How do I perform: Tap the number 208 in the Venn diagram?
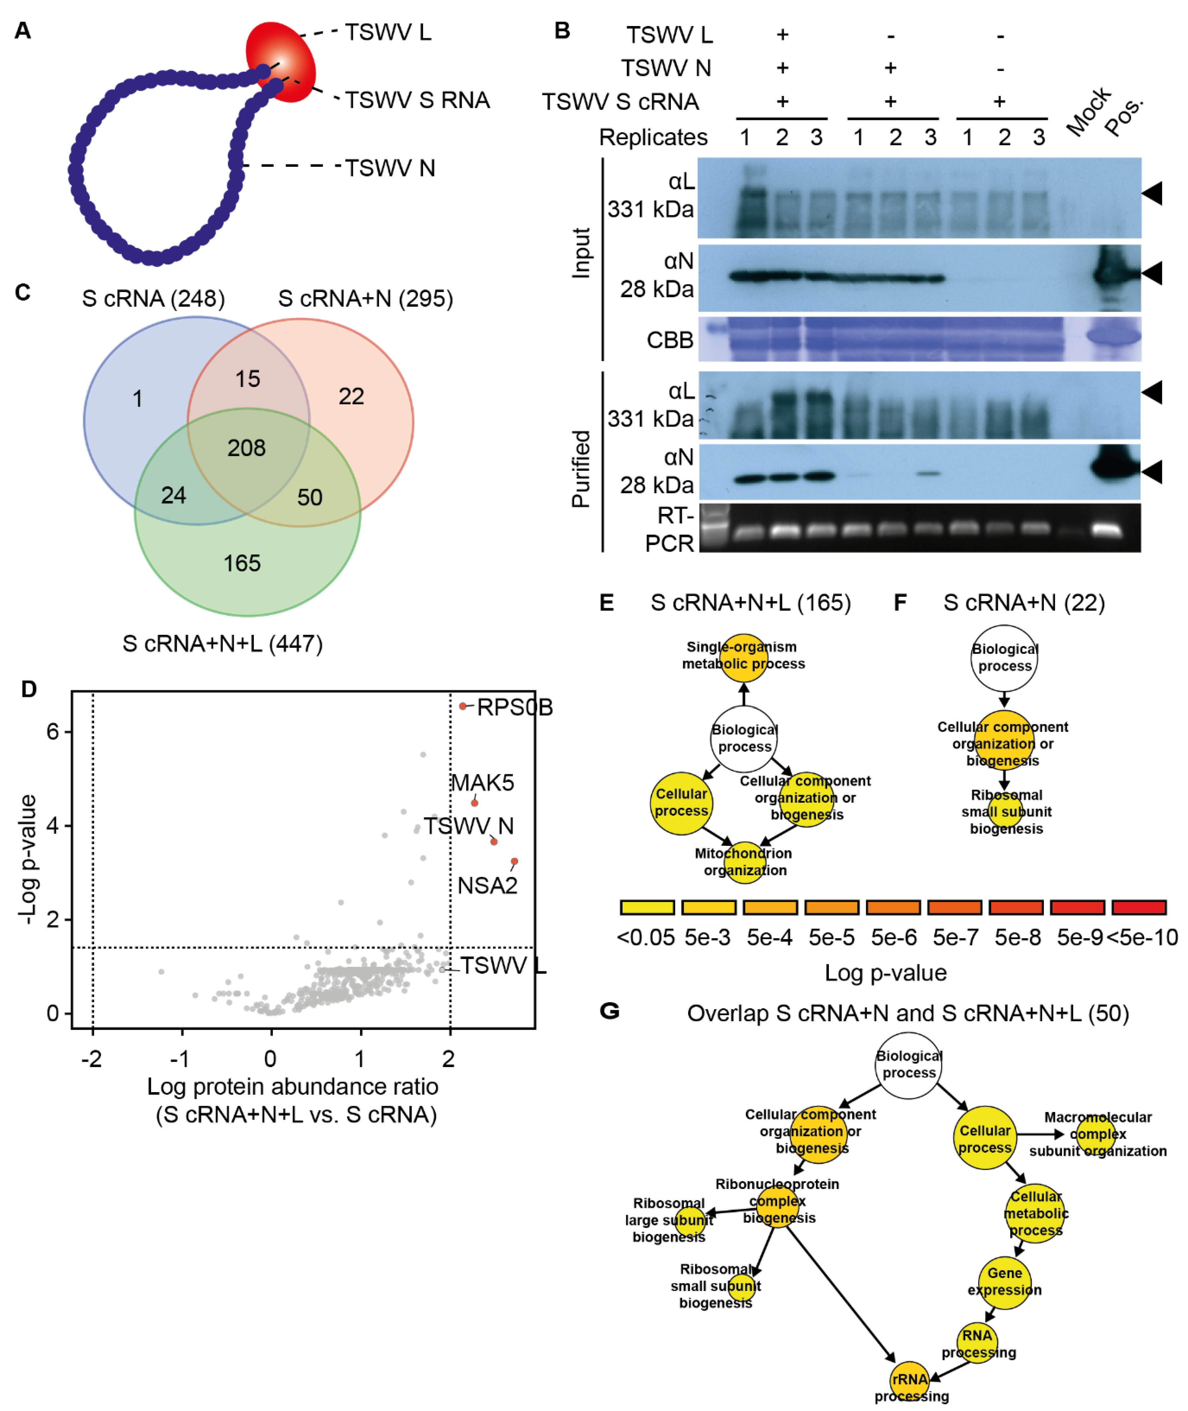(247, 448)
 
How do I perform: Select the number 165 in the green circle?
(242, 563)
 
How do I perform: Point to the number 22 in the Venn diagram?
(351, 396)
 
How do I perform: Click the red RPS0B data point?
(463, 706)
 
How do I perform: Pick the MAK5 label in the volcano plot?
(482, 783)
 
